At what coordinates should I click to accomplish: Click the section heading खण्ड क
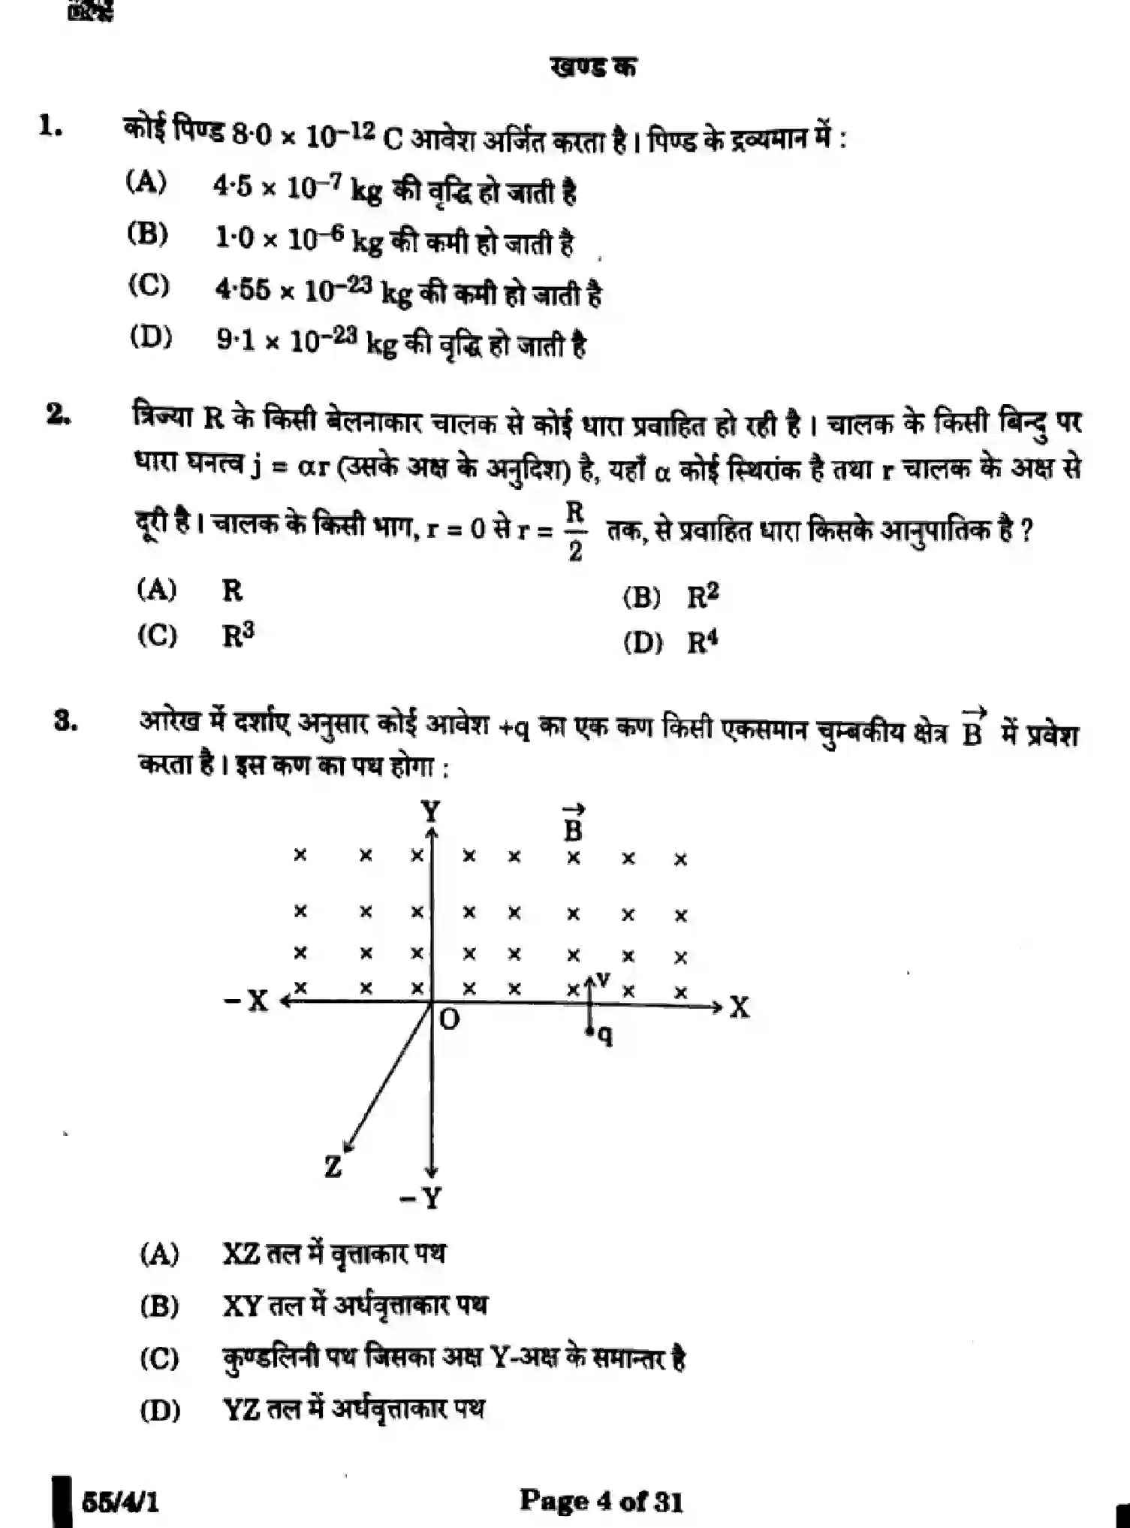pyautogui.click(x=593, y=68)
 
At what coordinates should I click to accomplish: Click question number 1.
pyautogui.click(x=51, y=125)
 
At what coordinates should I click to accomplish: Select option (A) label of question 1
pyautogui.click(x=146, y=182)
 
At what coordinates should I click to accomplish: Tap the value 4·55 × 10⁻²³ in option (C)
pyautogui.click(x=293, y=290)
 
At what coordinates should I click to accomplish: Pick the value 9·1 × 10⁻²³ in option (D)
pyautogui.click(x=286, y=341)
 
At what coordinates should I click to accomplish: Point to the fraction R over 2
pyautogui.click(x=574, y=531)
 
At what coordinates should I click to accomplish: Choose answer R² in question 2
pyautogui.click(x=703, y=596)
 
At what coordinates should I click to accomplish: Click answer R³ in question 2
pyautogui.click(x=238, y=636)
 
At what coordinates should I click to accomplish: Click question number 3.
pyautogui.click(x=65, y=720)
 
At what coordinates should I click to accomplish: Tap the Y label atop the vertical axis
pyautogui.click(x=430, y=812)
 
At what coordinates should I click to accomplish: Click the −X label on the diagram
pyautogui.click(x=247, y=1001)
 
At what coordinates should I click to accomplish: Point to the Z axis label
pyautogui.click(x=333, y=1167)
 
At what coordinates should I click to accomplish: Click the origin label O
pyautogui.click(x=449, y=1019)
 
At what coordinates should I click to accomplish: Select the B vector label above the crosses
pyautogui.click(x=573, y=823)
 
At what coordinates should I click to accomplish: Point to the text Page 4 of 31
pyautogui.click(x=601, y=1500)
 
